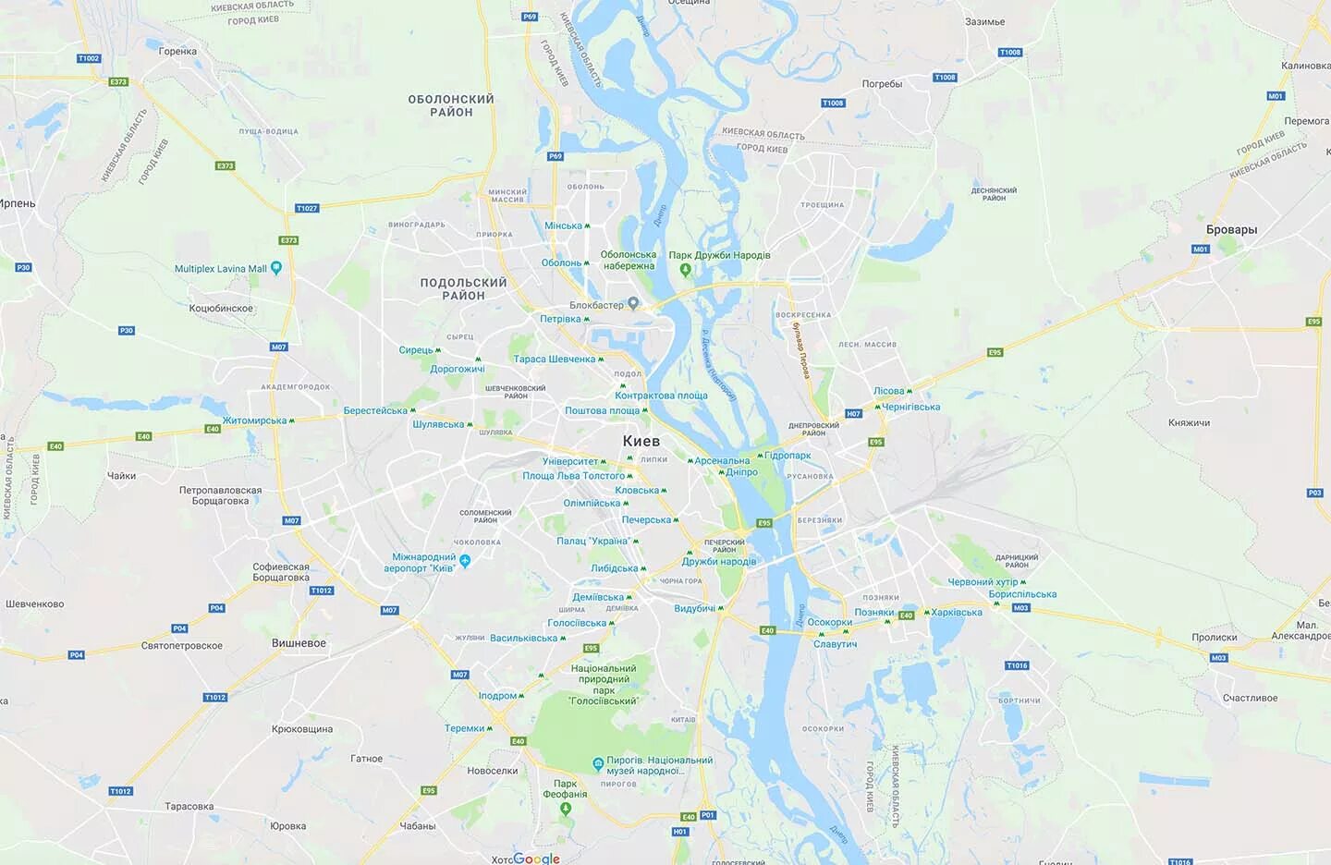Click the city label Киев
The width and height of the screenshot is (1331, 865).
(x=641, y=441)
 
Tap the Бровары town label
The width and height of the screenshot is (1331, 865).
(x=1231, y=229)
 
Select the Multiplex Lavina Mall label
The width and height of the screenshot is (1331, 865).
(x=220, y=269)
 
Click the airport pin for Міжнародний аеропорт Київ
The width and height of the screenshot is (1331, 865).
(x=465, y=560)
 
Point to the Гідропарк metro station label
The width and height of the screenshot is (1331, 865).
(x=788, y=456)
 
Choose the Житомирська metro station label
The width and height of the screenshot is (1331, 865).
(x=254, y=420)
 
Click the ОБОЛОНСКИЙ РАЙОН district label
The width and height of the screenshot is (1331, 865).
(x=451, y=105)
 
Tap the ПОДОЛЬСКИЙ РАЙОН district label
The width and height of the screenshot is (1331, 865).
(x=463, y=289)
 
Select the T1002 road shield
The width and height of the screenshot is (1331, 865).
(x=88, y=58)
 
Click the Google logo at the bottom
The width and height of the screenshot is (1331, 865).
(x=536, y=859)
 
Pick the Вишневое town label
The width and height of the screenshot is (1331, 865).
(x=299, y=643)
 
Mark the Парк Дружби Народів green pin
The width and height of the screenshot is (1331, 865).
(x=685, y=270)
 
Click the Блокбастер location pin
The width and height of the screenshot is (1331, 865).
(x=633, y=303)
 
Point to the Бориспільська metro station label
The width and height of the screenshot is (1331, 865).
(x=1022, y=594)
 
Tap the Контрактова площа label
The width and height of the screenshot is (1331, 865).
(x=661, y=396)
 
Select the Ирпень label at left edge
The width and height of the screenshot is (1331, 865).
(x=18, y=203)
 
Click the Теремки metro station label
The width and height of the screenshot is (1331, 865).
(x=464, y=728)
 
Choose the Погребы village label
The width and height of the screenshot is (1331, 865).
(x=882, y=84)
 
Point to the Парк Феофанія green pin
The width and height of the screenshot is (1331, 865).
(x=566, y=809)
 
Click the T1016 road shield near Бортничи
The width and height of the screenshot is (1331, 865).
(x=1017, y=665)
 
